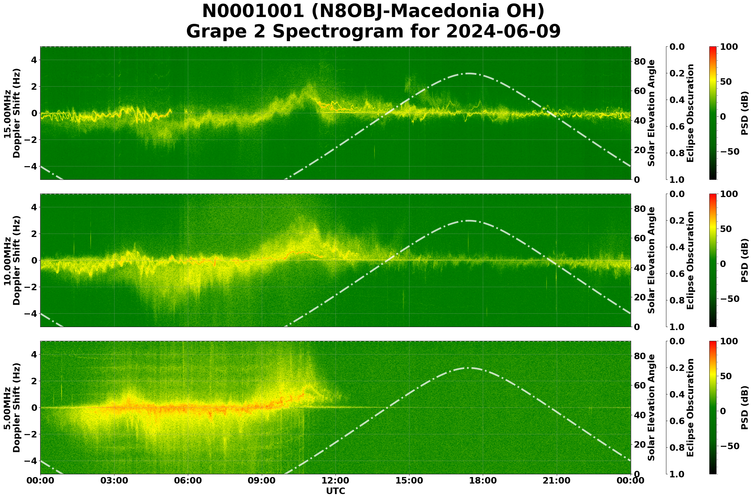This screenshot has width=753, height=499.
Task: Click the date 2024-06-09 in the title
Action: pyautogui.click(x=503, y=32)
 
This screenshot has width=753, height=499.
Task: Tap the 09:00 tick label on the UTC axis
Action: pyautogui.click(x=262, y=480)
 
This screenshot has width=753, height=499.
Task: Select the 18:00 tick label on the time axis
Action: pyautogui.click(x=483, y=480)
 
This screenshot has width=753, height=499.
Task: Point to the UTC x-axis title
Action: pyautogui.click(x=335, y=491)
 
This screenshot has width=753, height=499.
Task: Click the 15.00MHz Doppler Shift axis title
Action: pyautogui.click(x=12, y=113)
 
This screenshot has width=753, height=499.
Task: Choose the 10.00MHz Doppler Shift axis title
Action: pyautogui.click(x=12, y=260)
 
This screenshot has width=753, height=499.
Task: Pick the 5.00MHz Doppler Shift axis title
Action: pyautogui.click(x=12, y=408)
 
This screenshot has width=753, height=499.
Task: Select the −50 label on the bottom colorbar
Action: pyautogui.click(x=729, y=446)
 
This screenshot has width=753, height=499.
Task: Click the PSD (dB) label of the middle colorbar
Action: pyautogui.click(x=744, y=260)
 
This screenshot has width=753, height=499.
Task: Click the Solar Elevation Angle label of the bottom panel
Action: pyautogui.click(x=651, y=408)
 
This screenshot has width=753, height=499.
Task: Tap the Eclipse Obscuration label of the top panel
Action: pyautogui.click(x=690, y=113)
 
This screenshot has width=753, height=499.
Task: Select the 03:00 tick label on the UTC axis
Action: pyautogui.click(x=114, y=480)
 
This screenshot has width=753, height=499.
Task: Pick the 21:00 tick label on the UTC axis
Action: pyautogui.click(x=556, y=480)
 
